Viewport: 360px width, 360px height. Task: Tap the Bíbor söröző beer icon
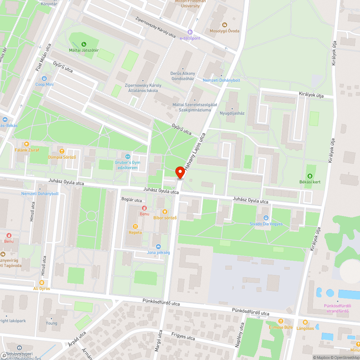point(165,212)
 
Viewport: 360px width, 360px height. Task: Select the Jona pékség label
point(158,252)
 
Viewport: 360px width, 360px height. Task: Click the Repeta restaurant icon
point(135,226)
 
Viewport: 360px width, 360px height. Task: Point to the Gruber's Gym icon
point(127,157)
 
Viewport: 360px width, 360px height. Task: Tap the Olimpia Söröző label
point(62,157)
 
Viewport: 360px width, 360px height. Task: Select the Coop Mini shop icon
point(44,78)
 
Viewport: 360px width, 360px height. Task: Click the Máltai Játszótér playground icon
point(84,44)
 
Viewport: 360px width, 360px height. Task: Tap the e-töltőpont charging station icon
point(190,32)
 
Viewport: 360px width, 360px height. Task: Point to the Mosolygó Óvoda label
point(225,31)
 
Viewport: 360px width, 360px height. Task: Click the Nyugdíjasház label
point(232,113)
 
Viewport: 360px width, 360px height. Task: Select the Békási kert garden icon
point(310,176)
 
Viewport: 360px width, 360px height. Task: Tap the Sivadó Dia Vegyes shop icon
point(266,217)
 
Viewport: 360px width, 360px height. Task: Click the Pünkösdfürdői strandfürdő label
point(337,308)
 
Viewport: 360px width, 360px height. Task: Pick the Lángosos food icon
point(305,322)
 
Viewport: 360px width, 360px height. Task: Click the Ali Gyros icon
point(42,283)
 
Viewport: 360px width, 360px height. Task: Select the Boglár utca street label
point(131,200)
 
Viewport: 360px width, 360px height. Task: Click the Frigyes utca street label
point(183,336)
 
